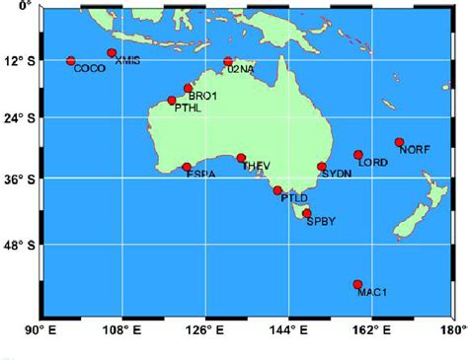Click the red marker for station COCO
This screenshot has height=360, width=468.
coord(70,61)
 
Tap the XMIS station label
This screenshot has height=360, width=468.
coord(127,61)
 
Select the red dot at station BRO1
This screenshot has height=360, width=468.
coord(188,88)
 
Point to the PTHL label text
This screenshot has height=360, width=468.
coord(188,108)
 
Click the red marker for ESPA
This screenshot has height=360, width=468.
coord(187,168)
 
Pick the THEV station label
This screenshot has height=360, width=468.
coord(255,166)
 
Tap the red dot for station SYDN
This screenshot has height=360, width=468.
coord(322,167)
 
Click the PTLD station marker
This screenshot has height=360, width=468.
coord(277,190)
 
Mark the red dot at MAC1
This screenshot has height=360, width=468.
coord(357,284)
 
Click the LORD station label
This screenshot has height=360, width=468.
coord(373,162)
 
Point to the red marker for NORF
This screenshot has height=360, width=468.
coord(399,142)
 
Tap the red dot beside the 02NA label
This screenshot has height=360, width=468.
coord(228,61)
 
